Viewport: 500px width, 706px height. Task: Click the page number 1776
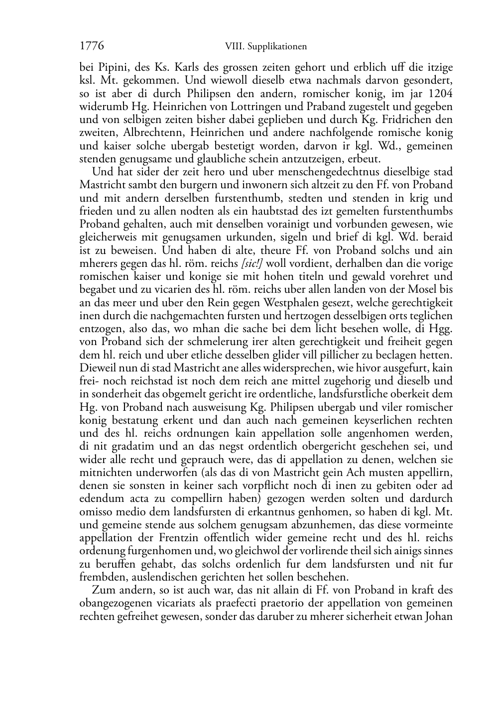tap(92, 46)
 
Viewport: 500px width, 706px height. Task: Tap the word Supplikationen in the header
tap(278, 47)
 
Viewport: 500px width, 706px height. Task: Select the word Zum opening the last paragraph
tap(103, 590)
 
